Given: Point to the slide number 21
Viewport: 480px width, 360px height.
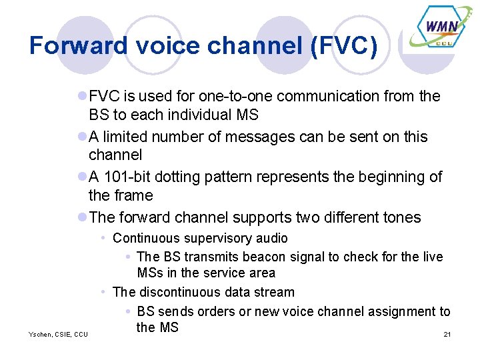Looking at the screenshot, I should click(447, 333).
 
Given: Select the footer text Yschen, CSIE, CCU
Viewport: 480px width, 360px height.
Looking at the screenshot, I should click(58, 333).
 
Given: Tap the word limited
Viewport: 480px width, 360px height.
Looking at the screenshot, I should click(128, 137).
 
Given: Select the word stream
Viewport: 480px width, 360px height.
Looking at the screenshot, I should click(275, 292).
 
